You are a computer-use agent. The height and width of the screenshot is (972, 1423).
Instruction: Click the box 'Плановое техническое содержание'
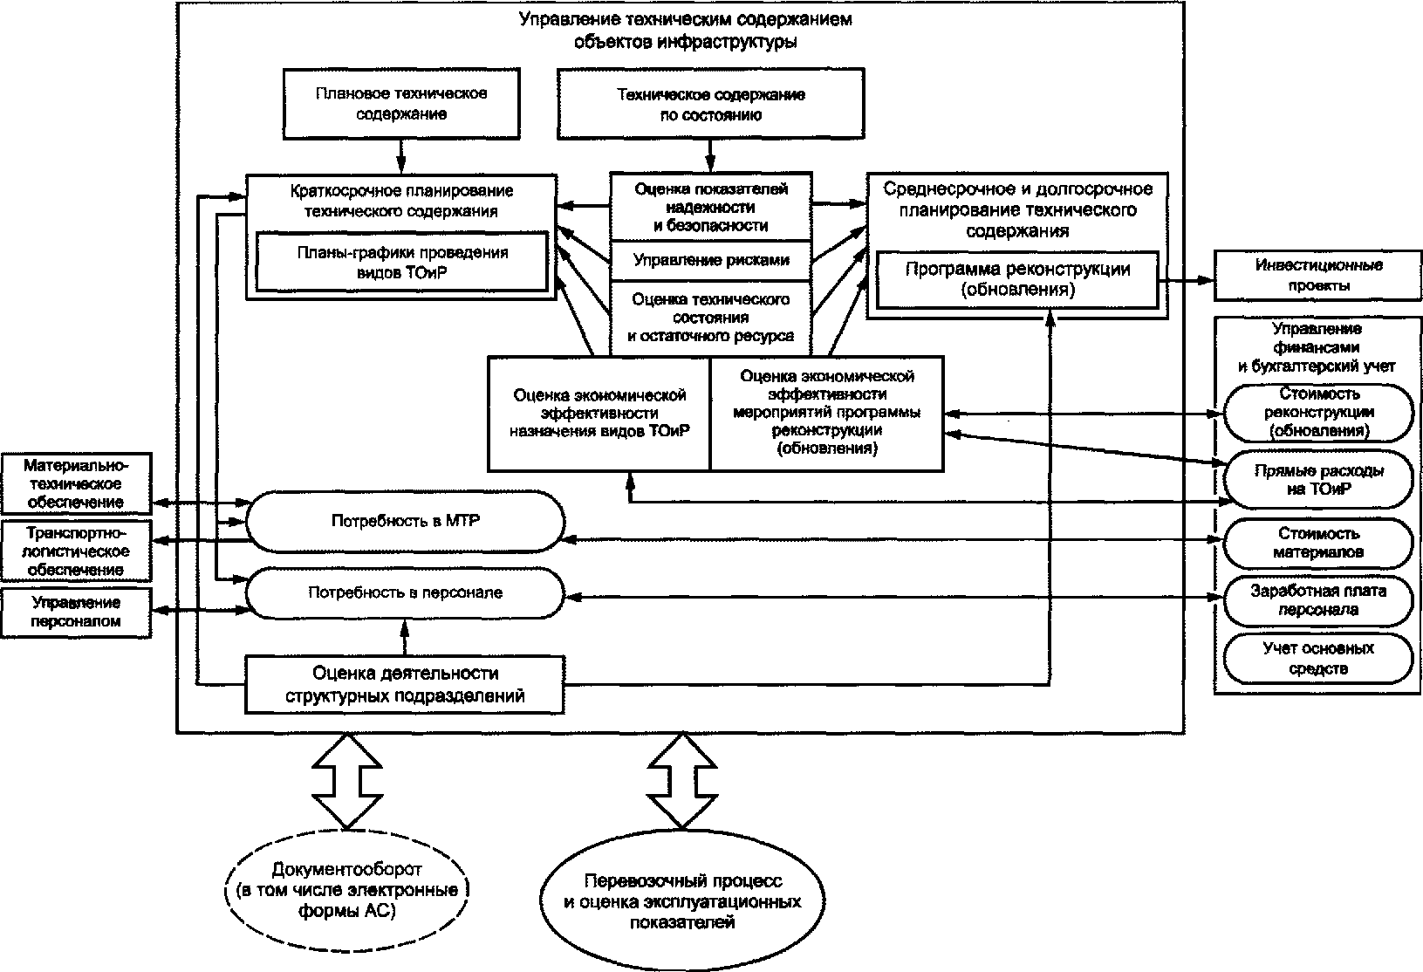pyautogui.click(x=401, y=104)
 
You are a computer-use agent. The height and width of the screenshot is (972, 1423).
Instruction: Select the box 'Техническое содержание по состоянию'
pyautogui.click(x=711, y=104)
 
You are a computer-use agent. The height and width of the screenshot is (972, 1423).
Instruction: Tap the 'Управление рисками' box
pyautogui.click(x=711, y=261)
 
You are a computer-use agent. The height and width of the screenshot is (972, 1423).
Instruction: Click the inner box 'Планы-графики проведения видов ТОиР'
pyautogui.click(x=402, y=262)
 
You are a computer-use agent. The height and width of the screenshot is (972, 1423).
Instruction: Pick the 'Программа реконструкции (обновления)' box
pyautogui.click(x=1017, y=279)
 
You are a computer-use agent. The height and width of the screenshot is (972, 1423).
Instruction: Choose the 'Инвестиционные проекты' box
pyautogui.click(x=1318, y=275)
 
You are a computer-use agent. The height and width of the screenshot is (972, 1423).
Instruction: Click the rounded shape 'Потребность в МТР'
pyautogui.click(x=406, y=521)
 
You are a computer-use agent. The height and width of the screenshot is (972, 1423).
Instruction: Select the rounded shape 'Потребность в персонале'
pyautogui.click(x=406, y=592)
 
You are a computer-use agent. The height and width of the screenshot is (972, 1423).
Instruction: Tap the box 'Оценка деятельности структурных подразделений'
pyautogui.click(x=406, y=685)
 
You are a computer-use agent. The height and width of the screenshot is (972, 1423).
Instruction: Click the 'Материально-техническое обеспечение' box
pyautogui.click(x=76, y=483)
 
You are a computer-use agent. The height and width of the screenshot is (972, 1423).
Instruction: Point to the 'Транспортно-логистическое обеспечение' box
pyautogui.click(x=76, y=551)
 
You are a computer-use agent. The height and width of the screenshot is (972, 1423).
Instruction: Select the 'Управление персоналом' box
pyautogui.click(x=76, y=613)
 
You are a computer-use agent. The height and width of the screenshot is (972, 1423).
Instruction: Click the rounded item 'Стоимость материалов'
pyautogui.click(x=1318, y=544)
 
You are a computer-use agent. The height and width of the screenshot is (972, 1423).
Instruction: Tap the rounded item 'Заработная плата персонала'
pyautogui.click(x=1318, y=601)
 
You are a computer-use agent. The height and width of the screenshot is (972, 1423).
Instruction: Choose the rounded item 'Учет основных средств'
pyautogui.click(x=1318, y=658)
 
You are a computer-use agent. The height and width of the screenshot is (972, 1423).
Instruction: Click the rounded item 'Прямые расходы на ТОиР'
pyautogui.click(x=1318, y=480)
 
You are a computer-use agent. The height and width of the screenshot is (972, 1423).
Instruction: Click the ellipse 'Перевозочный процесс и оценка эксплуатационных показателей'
pyautogui.click(x=682, y=900)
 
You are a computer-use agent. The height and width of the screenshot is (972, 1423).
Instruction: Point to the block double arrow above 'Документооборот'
pyautogui.click(x=347, y=781)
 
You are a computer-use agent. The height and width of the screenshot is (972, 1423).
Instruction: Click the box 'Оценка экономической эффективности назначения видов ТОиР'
pyautogui.click(x=599, y=414)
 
